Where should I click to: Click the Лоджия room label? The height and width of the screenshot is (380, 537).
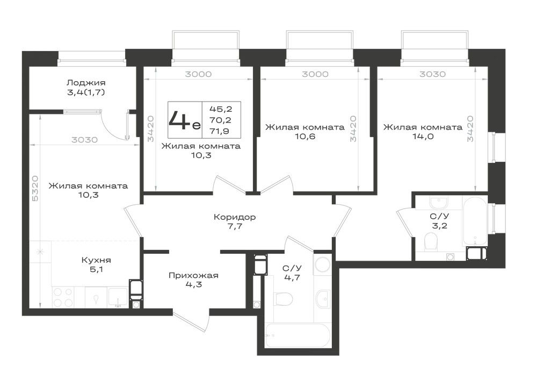pos(86,83)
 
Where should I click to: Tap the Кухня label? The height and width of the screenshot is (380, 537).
pos(96,261)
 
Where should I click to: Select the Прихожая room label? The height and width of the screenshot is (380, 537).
pos(193,276)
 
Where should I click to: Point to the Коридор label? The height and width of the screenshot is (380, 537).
pos(235,217)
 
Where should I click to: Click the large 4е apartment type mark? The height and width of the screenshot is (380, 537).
pos(184,120)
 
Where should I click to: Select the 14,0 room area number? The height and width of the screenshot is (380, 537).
pos(423,137)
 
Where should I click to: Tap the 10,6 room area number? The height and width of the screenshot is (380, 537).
pos(305,137)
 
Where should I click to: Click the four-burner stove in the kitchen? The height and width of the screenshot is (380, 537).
pos(63,297)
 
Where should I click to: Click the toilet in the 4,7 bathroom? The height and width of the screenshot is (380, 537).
pos(283,299)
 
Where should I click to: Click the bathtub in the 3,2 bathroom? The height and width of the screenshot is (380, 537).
pos(475,221)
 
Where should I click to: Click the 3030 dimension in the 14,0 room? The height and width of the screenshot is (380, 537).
pos(432,74)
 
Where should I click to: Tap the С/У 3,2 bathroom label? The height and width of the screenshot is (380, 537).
pos(439,221)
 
